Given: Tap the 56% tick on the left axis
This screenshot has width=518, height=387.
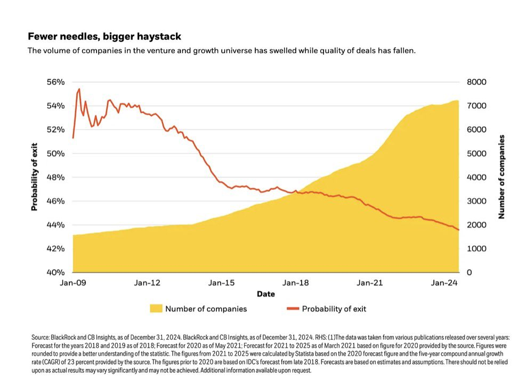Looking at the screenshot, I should pos(55,82).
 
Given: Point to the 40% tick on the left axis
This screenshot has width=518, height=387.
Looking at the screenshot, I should pos(55,272).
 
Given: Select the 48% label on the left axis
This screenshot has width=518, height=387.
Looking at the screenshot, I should pos(55,178).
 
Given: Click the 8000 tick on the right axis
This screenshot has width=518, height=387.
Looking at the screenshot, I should pos(477,82).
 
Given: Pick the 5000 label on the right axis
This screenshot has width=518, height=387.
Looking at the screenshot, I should pos(477,154).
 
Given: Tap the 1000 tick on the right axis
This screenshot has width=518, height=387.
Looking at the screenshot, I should pos(477,249).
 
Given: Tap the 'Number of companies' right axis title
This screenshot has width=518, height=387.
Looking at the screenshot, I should pos(501,177).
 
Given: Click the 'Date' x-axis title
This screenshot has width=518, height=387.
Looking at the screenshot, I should pos(266,294).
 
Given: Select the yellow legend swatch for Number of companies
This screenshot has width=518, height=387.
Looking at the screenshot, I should pos(156,308).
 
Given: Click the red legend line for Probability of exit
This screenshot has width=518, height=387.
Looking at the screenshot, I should pos(293,308).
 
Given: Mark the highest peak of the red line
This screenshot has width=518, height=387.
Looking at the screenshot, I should pos(79,89).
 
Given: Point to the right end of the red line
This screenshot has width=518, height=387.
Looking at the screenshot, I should pos(458,229).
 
